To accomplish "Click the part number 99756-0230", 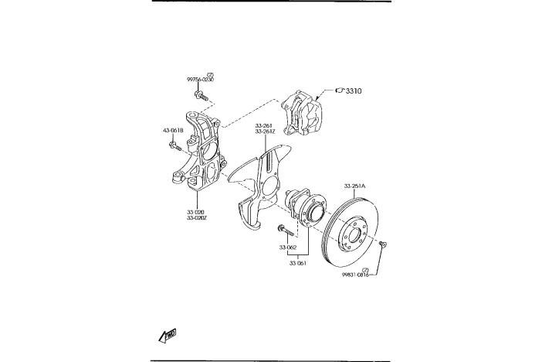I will pyautogui.click(x=199, y=79).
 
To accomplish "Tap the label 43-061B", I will pyautogui.click(x=172, y=130).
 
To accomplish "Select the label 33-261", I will pyautogui.click(x=264, y=125).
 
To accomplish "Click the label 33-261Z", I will pyautogui.click(x=265, y=131).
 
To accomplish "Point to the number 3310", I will pyautogui.click(x=354, y=91).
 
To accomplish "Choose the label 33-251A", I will pyautogui.click(x=355, y=186).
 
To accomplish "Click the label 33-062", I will pyautogui.click(x=288, y=248).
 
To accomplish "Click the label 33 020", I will pyautogui.click(x=195, y=211).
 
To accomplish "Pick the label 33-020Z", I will pyautogui.click(x=196, y=218).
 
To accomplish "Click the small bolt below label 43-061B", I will pyautogui.click(x=174, y=143).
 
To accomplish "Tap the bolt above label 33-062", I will pyautogui.click(x=284, y=230).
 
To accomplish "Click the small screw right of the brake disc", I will pyautogui.click(x=384, y=245).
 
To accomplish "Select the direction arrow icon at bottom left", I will pyautogui.click(x=167, y=334).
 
